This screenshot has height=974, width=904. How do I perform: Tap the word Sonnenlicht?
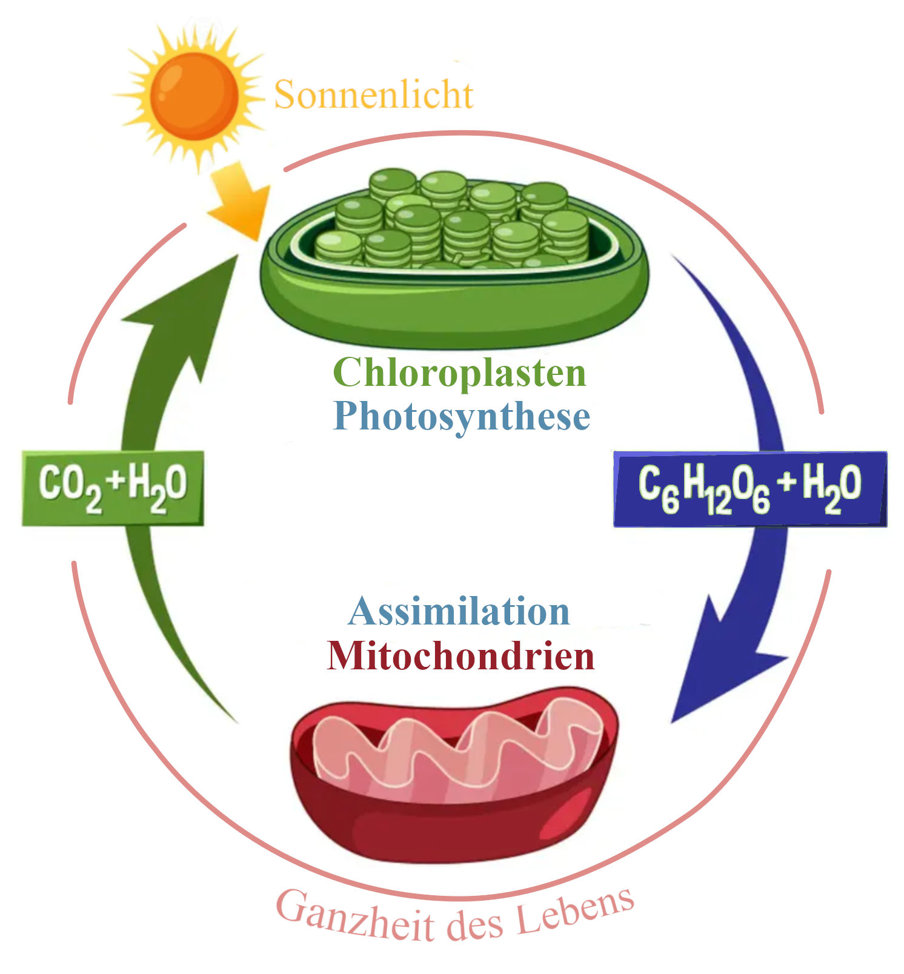point(373,95)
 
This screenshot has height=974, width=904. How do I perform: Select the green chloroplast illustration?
point(454,260)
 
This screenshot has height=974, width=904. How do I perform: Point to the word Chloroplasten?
point(460,372)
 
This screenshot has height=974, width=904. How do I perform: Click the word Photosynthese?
point(462,417)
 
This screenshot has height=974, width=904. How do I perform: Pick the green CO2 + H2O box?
point(113,488)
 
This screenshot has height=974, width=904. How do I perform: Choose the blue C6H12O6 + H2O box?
point(750,489)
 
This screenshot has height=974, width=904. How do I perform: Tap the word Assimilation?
point(459,612)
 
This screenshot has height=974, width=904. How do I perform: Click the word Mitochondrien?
point(460,656)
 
